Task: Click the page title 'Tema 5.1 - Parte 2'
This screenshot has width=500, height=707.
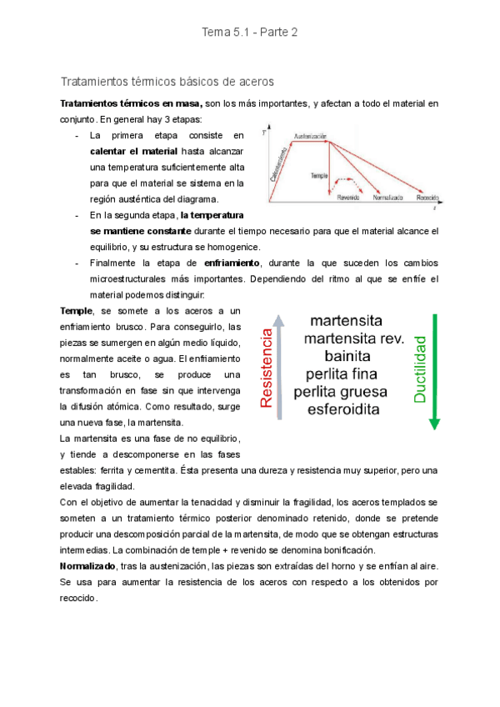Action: (249, 33)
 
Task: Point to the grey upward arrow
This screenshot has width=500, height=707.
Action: (281, 367)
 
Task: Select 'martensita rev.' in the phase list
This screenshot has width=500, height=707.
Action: (354, 338)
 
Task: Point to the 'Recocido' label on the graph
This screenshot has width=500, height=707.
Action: (427, 198)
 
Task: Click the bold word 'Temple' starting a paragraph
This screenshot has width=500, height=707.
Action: (77, 310)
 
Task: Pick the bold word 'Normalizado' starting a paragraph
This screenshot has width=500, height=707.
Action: (89, 565)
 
